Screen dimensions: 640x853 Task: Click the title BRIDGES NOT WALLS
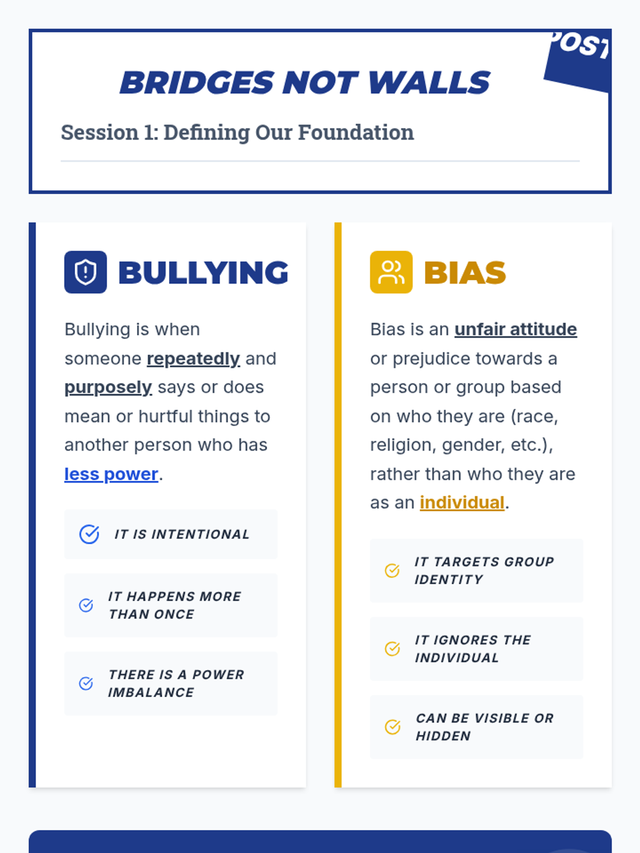pyautogui.click(x=305, y=83)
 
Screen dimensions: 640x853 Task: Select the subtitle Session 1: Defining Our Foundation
pyautogui.click(x=237, y=132)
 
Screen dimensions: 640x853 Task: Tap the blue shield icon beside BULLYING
pyautogui.click(x=85, y=272)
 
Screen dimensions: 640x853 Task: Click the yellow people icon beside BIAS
pyautogui.click(x=391, y=272)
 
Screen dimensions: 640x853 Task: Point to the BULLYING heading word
pyautogui.click(x=203, y=272)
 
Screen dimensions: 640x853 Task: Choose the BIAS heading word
pyautogui.click(x=465, y=272)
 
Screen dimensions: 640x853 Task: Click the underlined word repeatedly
pyautogui.click(x=193, y=358)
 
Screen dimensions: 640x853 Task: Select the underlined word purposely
pyautogui.click(x=108, y=388)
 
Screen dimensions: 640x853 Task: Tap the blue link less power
pyautogui.click(x=111, y=474)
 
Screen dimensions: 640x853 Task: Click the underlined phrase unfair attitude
pyautogui.click(x=516, y=329)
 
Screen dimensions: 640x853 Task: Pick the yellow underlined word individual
pyautogui.click(x=462, y=502)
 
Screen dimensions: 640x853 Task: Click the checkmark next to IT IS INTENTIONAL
pyautogui.click(x=90, y=534)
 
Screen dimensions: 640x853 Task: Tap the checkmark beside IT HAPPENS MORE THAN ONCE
pyautogui.click(x=86, y=605)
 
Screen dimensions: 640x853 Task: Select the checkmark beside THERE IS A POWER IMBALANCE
pyautogui.click(x=86, y=683)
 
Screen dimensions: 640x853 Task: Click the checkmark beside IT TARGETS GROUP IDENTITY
pyautogui.click(x=392, y=570)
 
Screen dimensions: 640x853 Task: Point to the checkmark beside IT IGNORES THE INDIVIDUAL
pyautogui.click(x=392, y=649)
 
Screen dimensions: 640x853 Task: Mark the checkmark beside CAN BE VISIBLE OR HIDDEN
pyautogui.click(x=393, y=727)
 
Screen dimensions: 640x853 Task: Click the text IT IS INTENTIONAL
pyautogui.click(x=182, y=534)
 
